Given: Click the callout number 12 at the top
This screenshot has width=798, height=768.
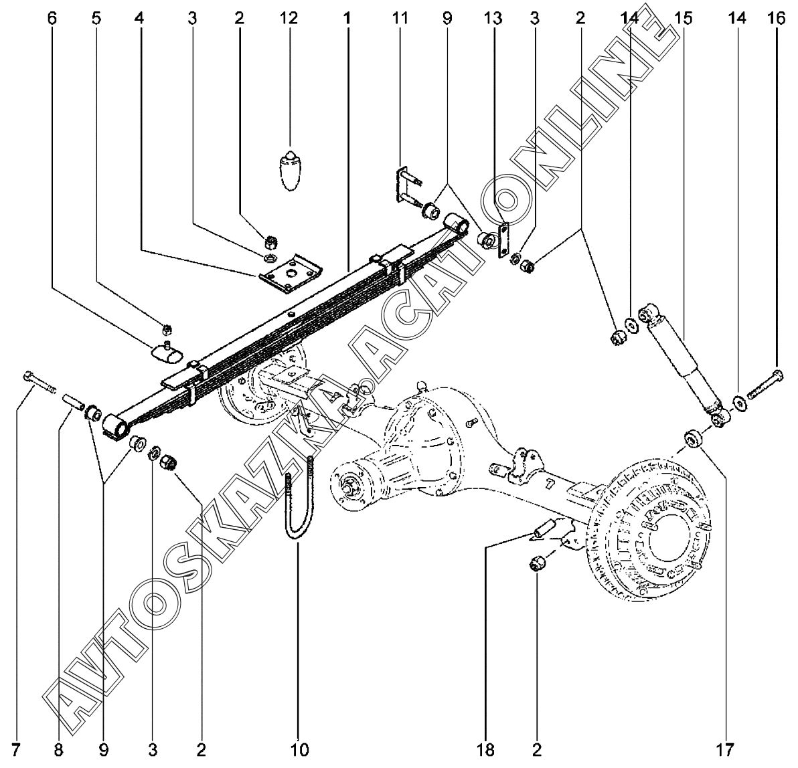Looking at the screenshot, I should point(289,18).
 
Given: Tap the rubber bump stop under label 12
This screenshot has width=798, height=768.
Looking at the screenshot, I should point(290,172).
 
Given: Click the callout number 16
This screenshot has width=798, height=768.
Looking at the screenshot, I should point(777,18).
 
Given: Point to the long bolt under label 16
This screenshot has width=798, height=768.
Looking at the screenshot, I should point(763,387).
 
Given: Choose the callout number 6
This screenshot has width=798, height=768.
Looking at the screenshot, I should point(52,18).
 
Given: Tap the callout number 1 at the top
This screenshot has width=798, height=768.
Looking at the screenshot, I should point(347,18).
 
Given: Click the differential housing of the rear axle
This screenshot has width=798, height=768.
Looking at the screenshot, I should point(428,442).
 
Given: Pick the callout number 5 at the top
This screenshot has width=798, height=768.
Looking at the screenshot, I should point(98,18).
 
